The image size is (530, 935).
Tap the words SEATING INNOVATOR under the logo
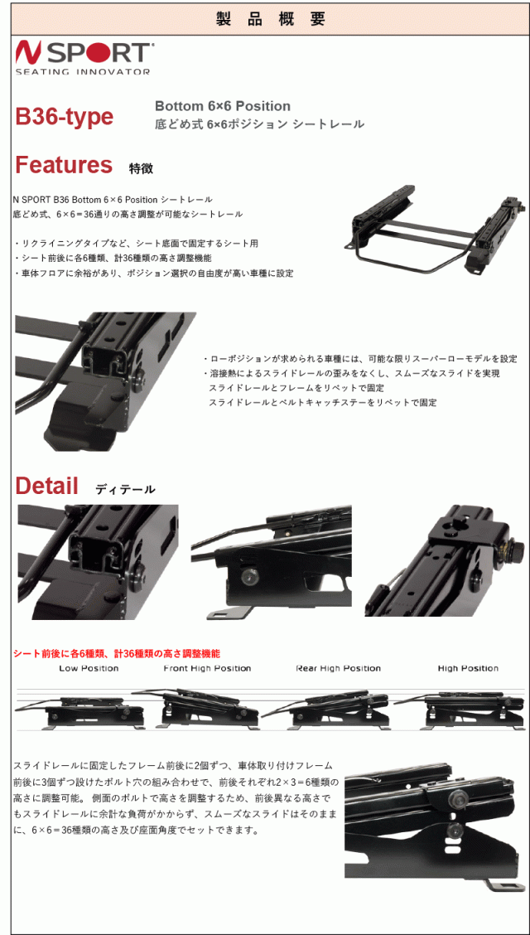tap(83, 71)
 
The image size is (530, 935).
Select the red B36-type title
tap(65, 117)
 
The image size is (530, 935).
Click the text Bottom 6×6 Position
tap(223, 106)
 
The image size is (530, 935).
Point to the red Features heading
tap(64, 165)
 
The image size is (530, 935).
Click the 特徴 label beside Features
tap(141, 168)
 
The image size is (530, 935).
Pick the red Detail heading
tap(46, 486)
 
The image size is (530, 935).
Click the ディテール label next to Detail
tap(125, 489)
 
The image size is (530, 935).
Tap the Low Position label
tap(89, 668)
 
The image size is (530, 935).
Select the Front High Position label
tap(207, 668)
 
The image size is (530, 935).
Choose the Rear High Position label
tap(338, 668)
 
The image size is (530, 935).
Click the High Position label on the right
tap(468, 668)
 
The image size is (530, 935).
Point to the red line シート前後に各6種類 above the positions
tap(117, 654)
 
